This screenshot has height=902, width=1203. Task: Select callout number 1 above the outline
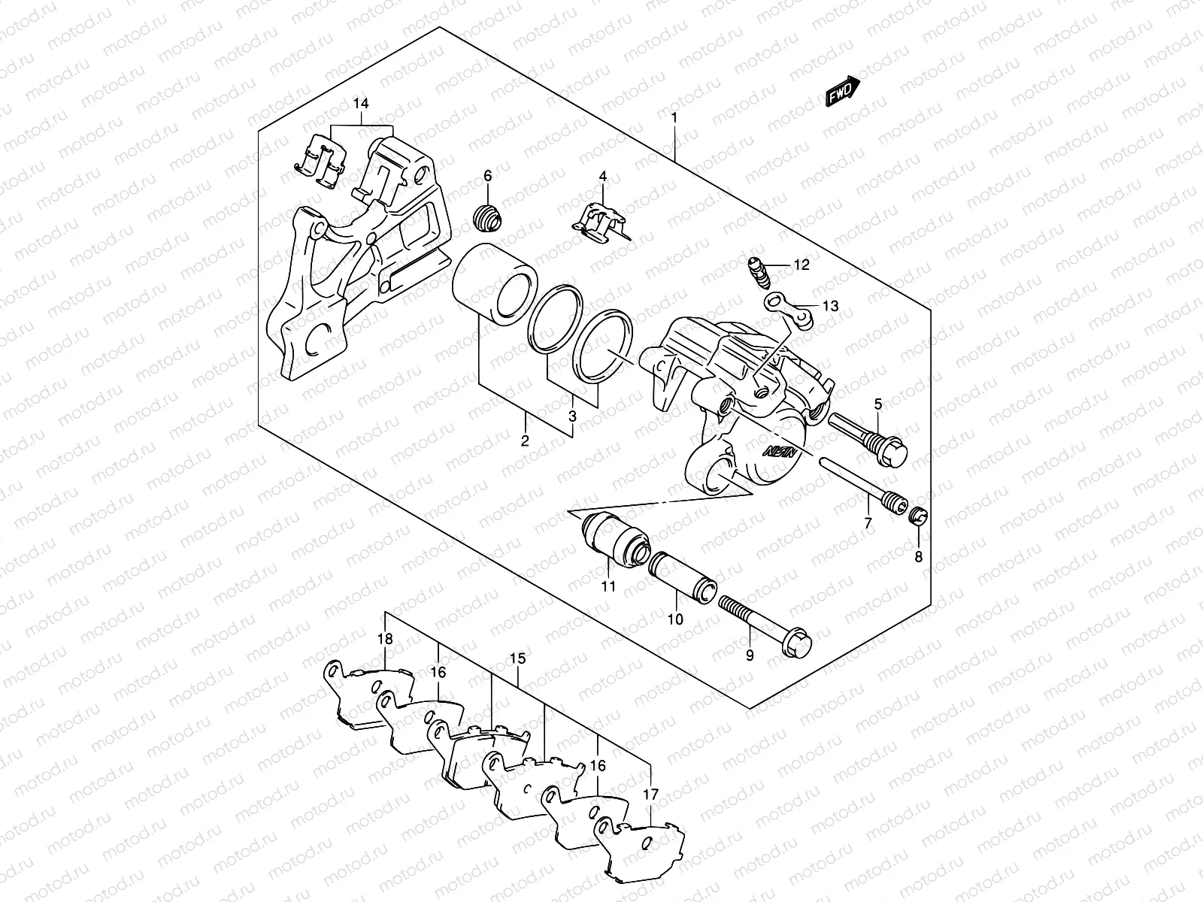pyautogui.click(x=674, y=118)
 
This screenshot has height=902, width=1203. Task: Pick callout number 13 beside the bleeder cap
pyautogui.click(x=829, y=307)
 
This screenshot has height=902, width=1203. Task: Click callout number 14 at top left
pyautogui.click(x=362, y=102)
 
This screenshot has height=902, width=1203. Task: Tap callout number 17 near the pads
pyautogui.click(x=651, y=794)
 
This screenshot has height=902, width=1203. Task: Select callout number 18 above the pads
pyautogui.click(x=385, y=639)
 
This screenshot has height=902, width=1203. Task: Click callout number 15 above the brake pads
pyautogui.click(x=518, y=658)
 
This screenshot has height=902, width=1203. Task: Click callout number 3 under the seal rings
pyautogui.click(x=572, y=416)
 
